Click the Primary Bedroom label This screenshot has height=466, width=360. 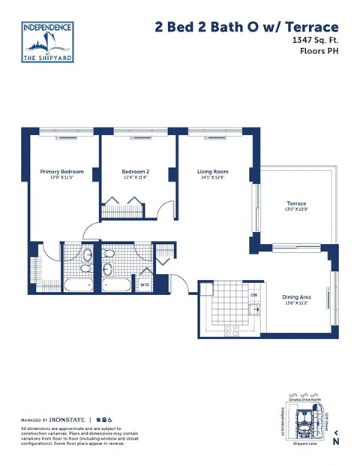pyautogui.click(x=61, y=172)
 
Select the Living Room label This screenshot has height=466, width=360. pyautogui.click(x=212, y=172)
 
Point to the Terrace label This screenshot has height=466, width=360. pyautogui.click(x=296, y=203)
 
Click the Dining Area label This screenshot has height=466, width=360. pyautogui.click(x=296, y=296)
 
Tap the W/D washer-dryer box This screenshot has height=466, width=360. pyautogui.click(x=145, y=284)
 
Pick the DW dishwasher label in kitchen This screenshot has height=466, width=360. pyautogui.click(x=254, y=295)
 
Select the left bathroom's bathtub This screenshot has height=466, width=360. pyautogui.click(x=78, y=284)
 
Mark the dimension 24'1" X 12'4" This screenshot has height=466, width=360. pyautogui.click(x=212, y=179)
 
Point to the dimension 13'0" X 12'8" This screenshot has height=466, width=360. pyautogui.click(x=296, y=210)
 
